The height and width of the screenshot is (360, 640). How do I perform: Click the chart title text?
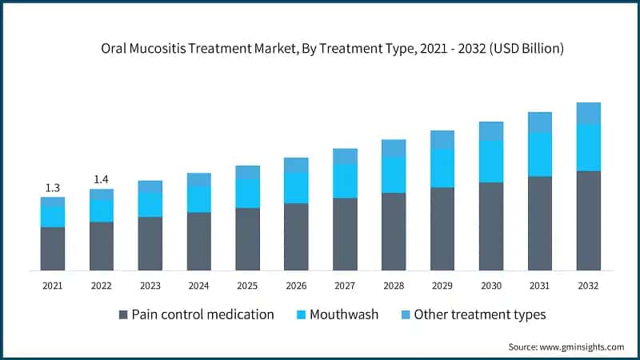(332, 49)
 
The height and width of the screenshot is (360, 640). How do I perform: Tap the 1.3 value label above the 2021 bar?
(53, 188)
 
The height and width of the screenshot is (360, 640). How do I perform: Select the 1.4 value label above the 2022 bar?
(102, 179)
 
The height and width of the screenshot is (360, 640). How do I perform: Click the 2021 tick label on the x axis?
(53, 285)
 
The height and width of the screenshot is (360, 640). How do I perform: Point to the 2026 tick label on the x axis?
(296, 285)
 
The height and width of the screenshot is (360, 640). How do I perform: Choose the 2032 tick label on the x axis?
(588, 285)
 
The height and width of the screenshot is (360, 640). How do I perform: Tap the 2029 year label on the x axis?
(442, 285)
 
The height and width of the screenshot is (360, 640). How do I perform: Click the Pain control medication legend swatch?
(123, 314)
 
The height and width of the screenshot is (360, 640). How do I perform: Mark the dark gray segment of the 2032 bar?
(588, 220)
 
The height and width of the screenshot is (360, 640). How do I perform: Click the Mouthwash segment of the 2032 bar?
(588, 147)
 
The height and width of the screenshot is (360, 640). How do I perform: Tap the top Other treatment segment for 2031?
(540, 122)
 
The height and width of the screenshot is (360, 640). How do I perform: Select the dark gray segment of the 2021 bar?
(53, 248)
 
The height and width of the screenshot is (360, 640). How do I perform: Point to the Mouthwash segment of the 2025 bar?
(247, 193)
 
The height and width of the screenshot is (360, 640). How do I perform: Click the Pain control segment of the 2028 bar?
(394, 231)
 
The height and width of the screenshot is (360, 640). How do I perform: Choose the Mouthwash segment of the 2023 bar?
(150, 204)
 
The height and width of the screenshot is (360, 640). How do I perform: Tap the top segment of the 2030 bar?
(491, 130)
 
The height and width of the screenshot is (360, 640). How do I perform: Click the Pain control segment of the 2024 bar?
(199, 241)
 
